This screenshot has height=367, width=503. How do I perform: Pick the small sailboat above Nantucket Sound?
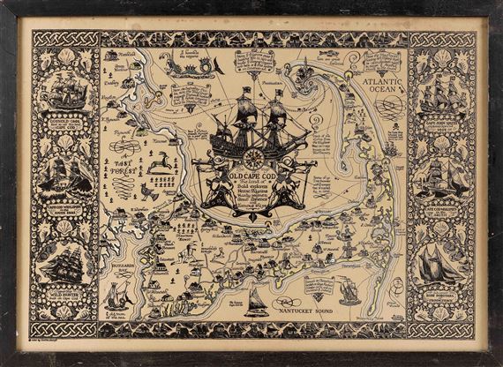point(257,300)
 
